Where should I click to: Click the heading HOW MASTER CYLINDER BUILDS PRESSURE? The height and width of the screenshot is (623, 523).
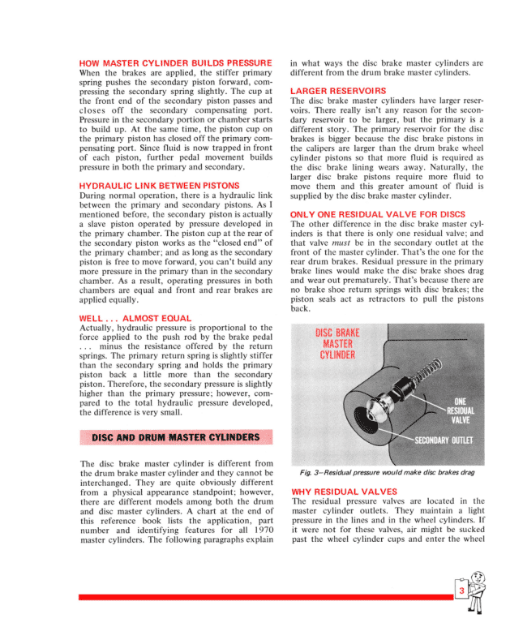(175, 63)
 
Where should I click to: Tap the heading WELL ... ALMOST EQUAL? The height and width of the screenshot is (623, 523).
(135, 318)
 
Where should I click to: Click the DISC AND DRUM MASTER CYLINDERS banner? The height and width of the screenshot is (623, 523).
(176, 438)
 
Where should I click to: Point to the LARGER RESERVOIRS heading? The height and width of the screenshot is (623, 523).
(338, 90)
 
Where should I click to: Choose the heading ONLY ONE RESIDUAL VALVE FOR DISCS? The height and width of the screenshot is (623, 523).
(377, 213)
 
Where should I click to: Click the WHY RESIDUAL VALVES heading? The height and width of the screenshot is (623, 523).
(344, 492)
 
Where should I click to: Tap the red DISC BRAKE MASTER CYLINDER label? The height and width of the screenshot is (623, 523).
(337, 344)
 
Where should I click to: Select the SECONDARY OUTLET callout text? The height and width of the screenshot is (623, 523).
(444, 440)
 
